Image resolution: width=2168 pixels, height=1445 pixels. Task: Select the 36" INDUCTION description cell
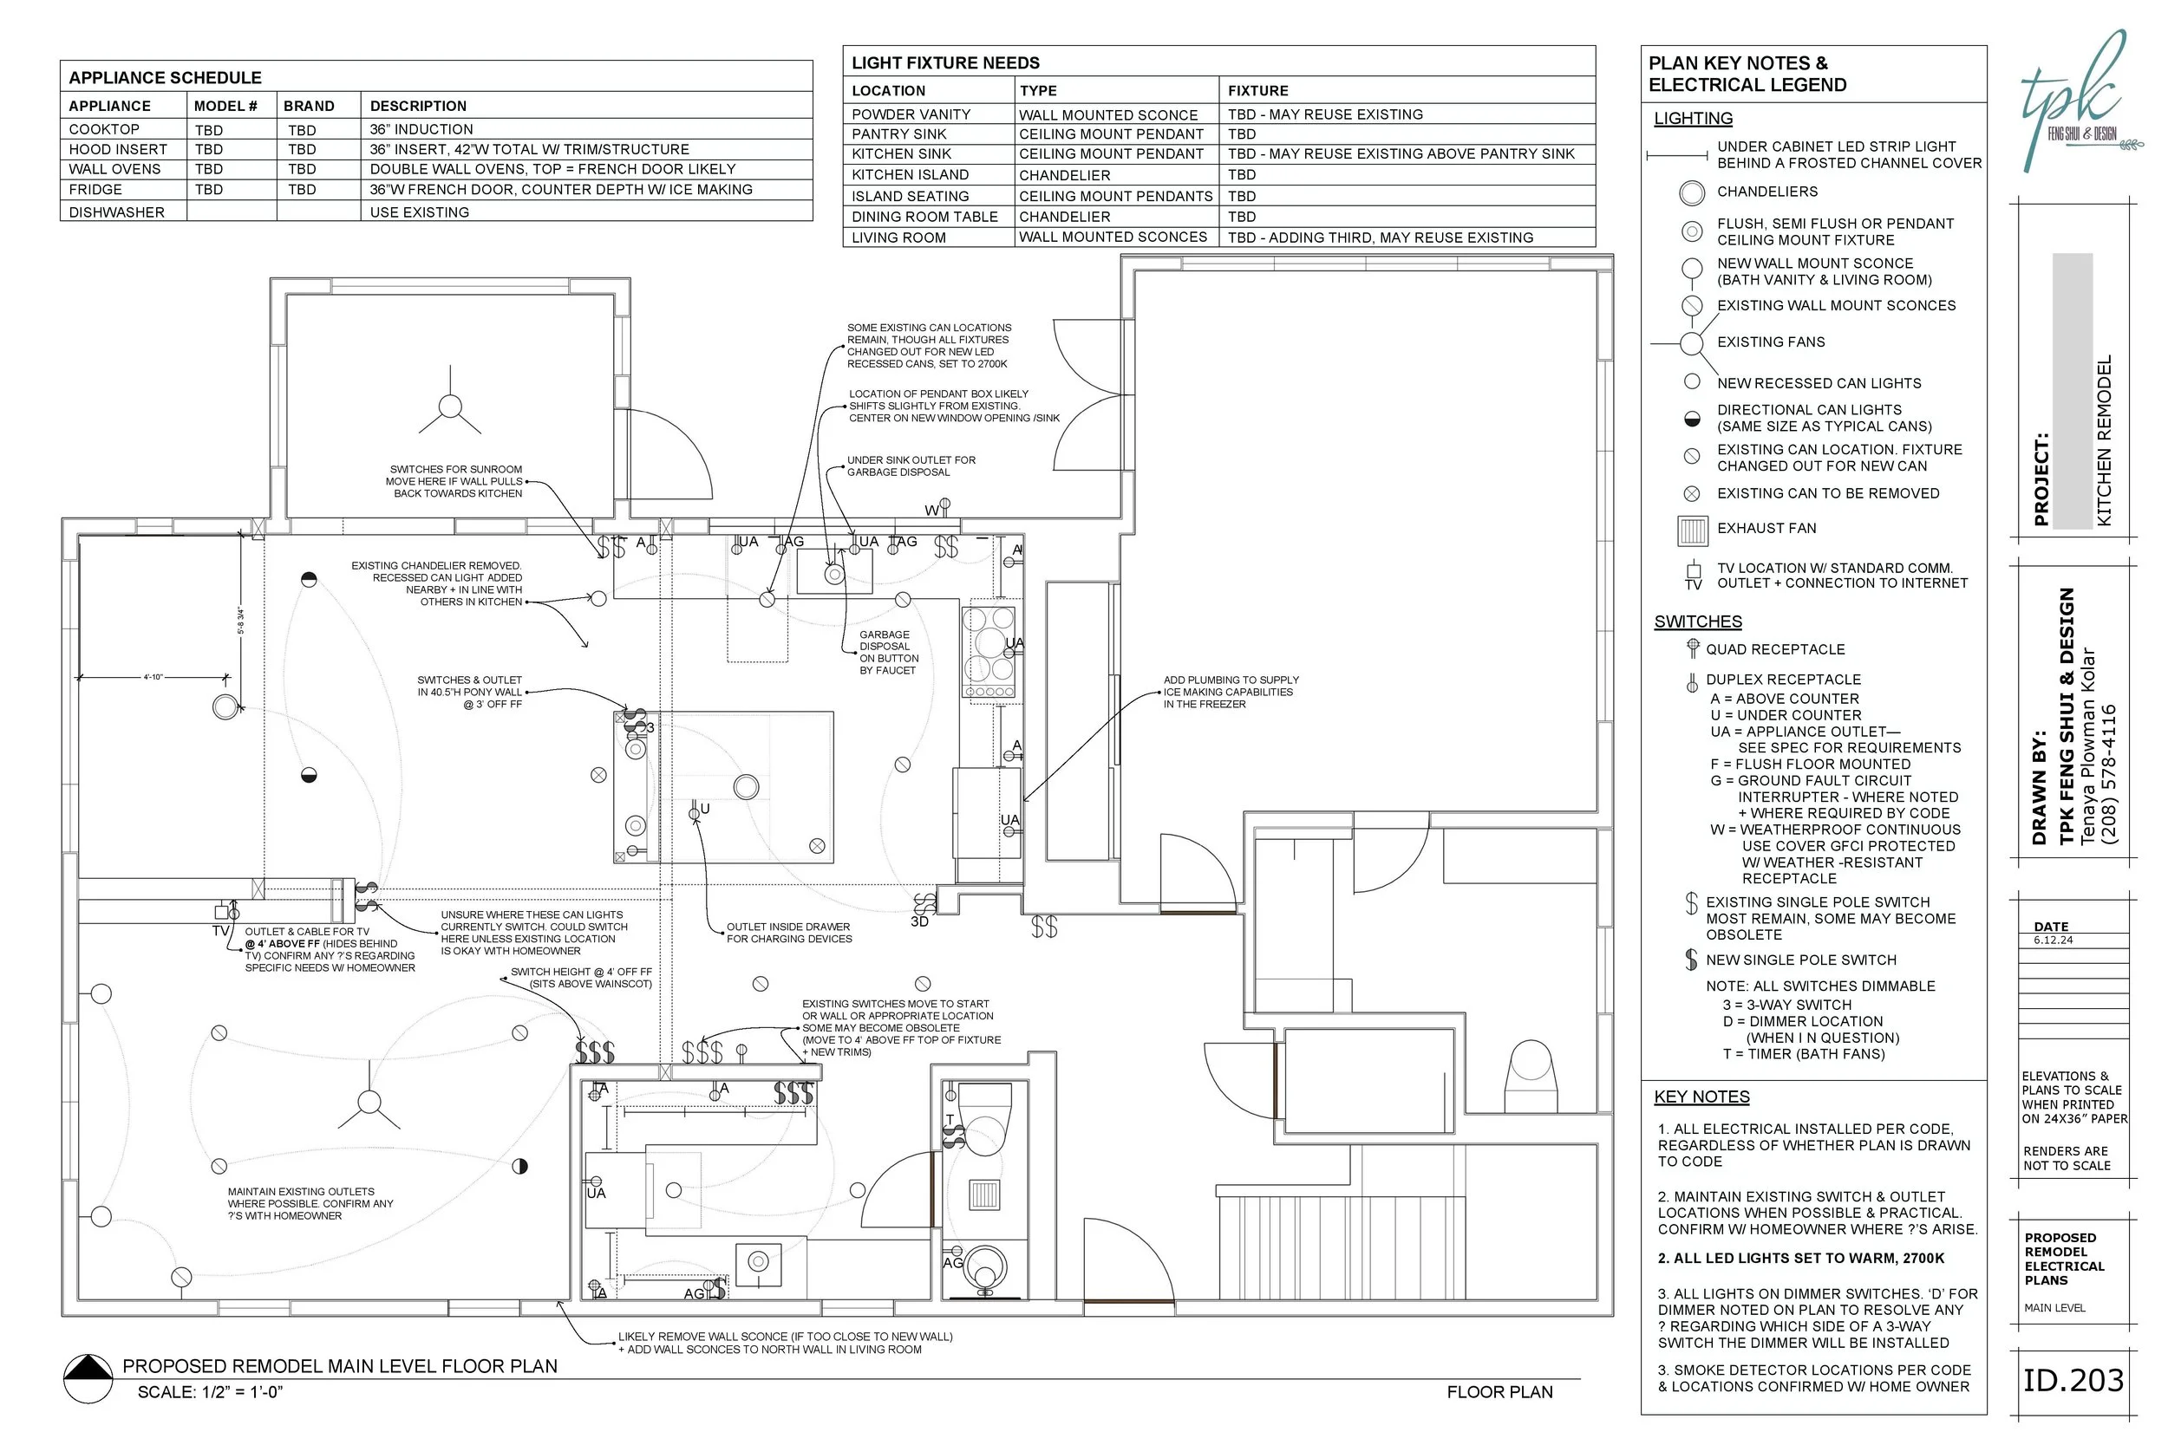421,129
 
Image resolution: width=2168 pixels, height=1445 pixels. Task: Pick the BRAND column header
309,106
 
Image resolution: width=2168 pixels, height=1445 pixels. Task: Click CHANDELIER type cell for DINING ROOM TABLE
1065,217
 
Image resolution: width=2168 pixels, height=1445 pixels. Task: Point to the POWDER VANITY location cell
911,114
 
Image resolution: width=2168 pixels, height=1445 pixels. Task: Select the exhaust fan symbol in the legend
1693,530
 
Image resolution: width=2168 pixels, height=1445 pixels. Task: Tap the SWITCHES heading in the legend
1697,622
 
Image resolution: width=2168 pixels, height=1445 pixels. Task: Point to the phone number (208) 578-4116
2108,774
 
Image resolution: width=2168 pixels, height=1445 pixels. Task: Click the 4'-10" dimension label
153,677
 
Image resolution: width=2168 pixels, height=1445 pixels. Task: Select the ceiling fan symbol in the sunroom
450,407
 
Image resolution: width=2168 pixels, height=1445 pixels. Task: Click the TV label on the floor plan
220,932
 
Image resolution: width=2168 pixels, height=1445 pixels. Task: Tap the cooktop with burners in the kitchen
990,652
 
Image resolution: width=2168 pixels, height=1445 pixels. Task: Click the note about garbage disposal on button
889,653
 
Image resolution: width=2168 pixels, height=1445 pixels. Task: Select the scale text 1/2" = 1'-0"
210,1391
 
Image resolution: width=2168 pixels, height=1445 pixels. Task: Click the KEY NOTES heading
1701,1097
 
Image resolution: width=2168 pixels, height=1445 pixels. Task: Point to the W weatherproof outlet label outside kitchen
933,510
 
